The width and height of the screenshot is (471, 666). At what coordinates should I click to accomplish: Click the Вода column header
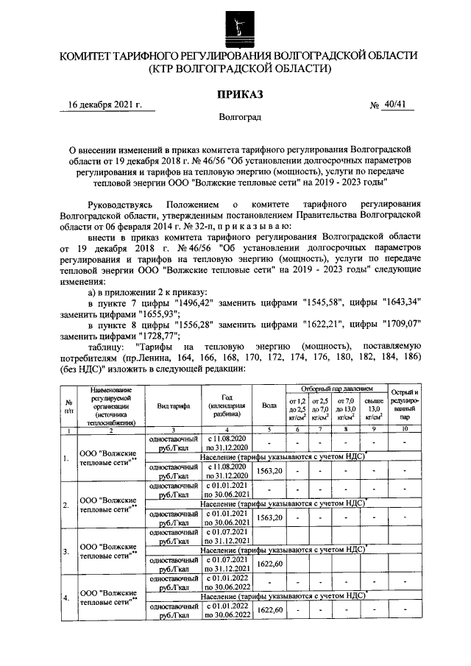[x=269, y=405]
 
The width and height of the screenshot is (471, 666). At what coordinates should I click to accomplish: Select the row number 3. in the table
[x=67, y=550]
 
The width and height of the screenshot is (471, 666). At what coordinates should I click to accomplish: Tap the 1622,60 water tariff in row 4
[x=269, y=610]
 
